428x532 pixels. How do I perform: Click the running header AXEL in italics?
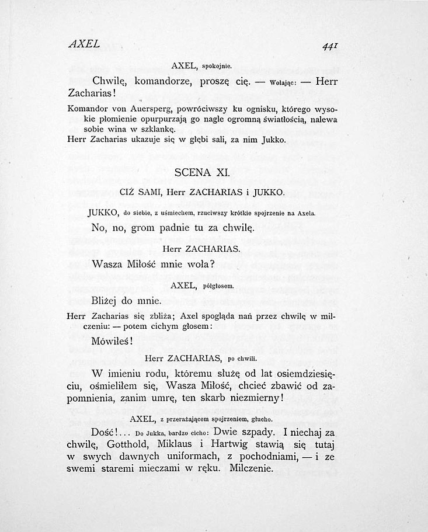[x=84, y=44]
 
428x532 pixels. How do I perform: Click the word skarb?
[x=216, y=399]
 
